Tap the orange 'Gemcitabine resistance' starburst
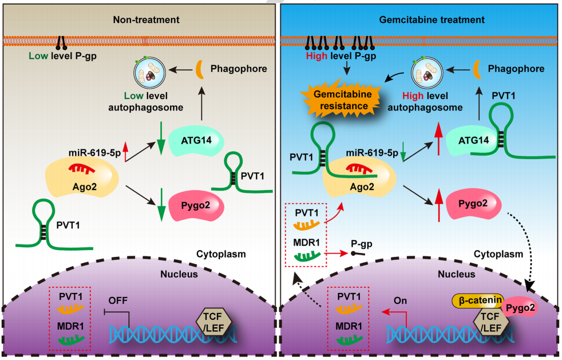[343, 101]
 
